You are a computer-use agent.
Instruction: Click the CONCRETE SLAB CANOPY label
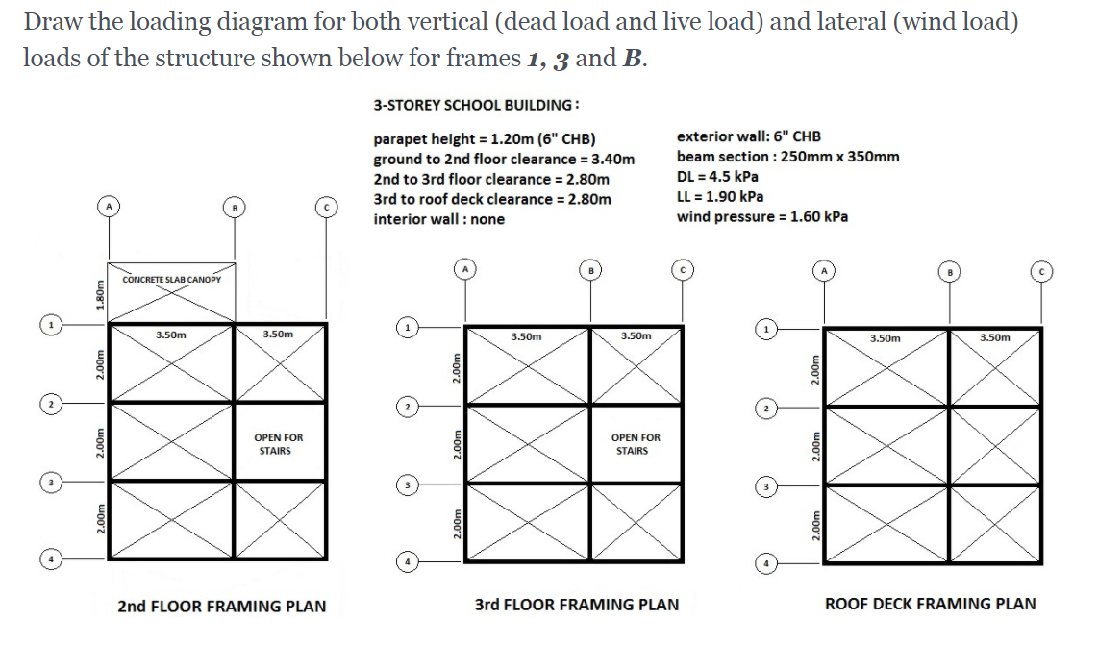tap(171, 280)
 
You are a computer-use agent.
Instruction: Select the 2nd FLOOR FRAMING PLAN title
tap(221, 607)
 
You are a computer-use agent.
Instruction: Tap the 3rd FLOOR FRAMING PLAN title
tap(576, 605)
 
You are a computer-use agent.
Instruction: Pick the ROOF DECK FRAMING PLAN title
tap(930, 604)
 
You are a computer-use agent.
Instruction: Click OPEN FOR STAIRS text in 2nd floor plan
tap(278, 444)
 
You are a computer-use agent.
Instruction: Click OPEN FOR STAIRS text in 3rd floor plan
tap(635, 444)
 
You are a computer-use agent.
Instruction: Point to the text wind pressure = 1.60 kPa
tap(761, 216)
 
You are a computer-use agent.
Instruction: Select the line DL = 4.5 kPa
tap(717, 176)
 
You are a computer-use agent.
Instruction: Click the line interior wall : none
tap(438, 219)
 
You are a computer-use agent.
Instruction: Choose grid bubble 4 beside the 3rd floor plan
tap(407, 559)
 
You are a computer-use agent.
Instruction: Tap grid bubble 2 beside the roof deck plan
tap(766, 408)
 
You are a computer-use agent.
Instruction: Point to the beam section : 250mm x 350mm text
tap(787, 157)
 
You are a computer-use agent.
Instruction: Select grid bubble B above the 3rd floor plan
tap(590, 270)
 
